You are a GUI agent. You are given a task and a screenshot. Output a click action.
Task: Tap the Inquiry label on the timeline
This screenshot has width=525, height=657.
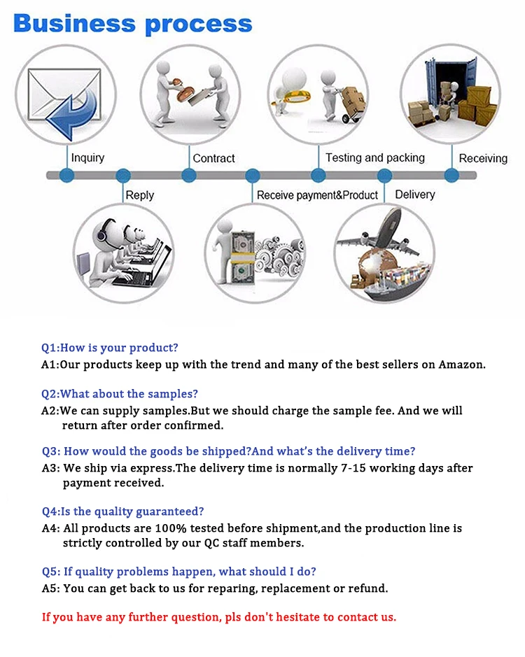(87, 158)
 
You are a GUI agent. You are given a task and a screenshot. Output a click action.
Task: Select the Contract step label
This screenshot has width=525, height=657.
(213, 158)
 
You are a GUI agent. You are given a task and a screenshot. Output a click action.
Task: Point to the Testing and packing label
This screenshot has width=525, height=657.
(374, 158)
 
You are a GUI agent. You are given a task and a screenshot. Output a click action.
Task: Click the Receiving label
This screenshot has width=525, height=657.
(483, 158)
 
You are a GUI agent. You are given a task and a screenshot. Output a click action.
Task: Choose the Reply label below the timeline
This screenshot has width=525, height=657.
(139, 195)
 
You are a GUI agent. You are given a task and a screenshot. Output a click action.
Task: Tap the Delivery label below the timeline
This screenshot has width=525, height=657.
(415, 195)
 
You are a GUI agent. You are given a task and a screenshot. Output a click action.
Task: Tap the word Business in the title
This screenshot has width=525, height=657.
(73, 24)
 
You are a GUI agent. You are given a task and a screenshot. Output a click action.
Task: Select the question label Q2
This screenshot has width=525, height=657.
(49, 394)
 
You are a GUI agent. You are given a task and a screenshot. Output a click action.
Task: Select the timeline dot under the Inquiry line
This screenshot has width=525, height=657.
(67, 175)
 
